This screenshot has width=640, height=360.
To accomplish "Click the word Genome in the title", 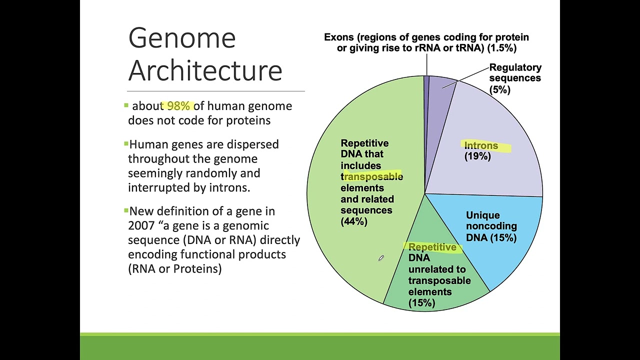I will pyautogui.click(x=182, y=38).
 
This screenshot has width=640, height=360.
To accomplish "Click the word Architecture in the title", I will pyautogui.click(x=205, y=70).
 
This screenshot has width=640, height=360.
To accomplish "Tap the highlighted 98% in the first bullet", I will pyautogui.click(x=178, y=106).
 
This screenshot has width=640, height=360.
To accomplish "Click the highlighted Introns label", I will pyautogui.click(x=481, y=146).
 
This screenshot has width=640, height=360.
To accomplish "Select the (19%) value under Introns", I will pyautogui.click(x=477, y=156).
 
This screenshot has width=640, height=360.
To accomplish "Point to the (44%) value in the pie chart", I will pyautogui.click(x=354, y=221).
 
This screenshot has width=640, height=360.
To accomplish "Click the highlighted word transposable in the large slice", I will pyautogui.click(x=373, y=176).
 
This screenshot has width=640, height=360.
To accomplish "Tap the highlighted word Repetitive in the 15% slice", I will pyautogui.click(x=432, y=247).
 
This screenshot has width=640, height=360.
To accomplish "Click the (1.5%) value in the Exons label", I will pyautogui.click(x=501, y=48).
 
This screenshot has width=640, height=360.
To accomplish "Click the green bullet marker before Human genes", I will pyautogui.click(x=126, y=144).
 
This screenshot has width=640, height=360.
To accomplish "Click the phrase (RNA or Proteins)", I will pyautogui.click(x=174, y=269).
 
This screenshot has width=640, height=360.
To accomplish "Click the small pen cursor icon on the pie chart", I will pyautogui.click(x=380, y=258).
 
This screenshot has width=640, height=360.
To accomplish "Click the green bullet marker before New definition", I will pyautogui.click(x=126, y=210).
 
